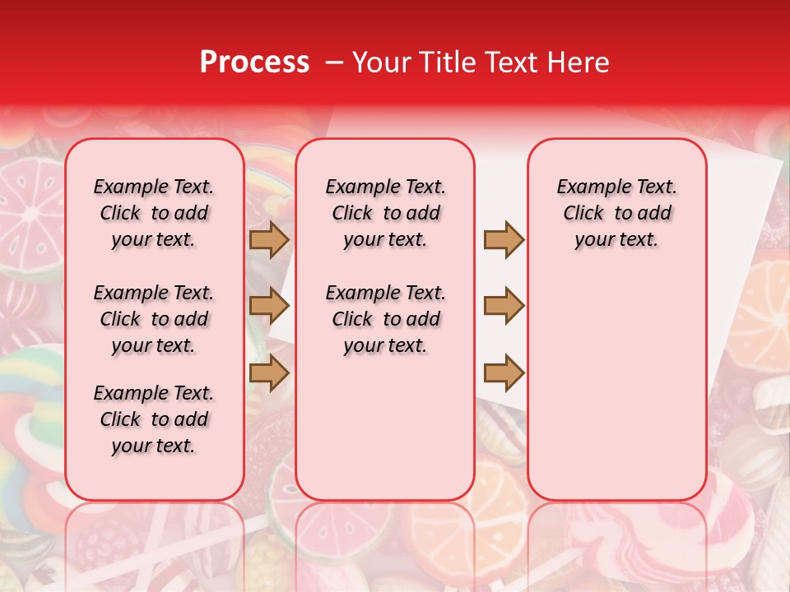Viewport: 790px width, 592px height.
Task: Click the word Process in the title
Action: point(254,62)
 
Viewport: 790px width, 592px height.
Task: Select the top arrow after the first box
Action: point(269,240)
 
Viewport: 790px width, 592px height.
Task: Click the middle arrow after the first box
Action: point(269,307)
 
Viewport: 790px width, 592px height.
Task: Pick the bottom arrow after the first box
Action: point(269,373)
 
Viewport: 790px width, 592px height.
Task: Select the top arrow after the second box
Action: point(504,240)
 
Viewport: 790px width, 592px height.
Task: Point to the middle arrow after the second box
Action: point(504,307)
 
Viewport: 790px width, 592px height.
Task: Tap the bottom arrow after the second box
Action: point(504,373)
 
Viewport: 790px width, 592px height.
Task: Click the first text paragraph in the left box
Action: point(154,213)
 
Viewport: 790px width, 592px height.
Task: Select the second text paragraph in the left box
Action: point(154,319)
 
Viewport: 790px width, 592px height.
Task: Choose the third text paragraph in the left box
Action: point(154,419)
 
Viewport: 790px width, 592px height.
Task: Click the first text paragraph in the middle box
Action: point(386,213)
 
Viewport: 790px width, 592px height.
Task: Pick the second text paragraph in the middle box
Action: point(386,319)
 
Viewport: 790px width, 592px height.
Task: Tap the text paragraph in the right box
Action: point(617,213)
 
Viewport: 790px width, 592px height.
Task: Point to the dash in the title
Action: point(334,62)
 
